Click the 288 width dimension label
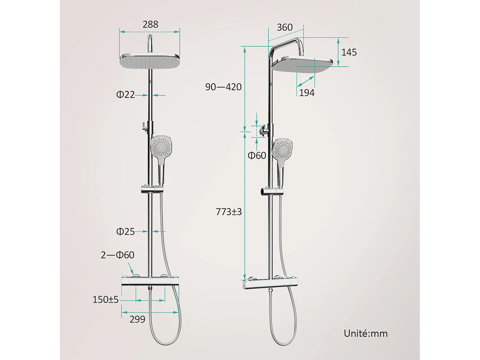150,24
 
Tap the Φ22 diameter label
125,94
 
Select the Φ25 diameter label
125,231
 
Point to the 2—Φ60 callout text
117,255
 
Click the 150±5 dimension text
105,300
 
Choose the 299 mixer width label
137,319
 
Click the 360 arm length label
284,28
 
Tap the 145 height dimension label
349,52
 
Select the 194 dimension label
307,93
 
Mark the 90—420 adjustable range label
223,87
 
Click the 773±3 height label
228,212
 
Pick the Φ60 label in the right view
257,156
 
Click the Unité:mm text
365,333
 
